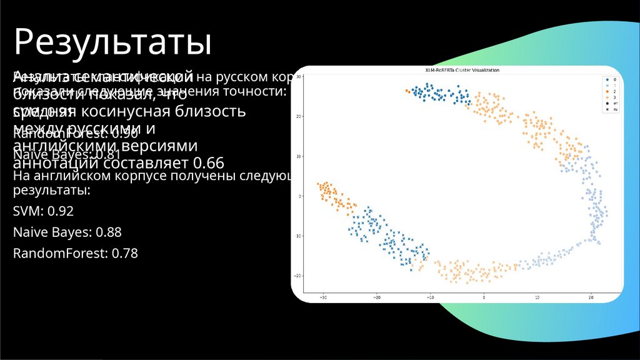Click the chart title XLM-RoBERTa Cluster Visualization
point(457,70)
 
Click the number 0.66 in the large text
point(208,162)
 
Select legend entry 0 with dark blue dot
point(610,80)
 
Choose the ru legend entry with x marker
point(610,109)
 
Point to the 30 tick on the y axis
point(299,76)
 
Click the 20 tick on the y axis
point(299,116)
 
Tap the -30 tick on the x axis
point(323,297)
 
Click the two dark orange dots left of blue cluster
point(407,91)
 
